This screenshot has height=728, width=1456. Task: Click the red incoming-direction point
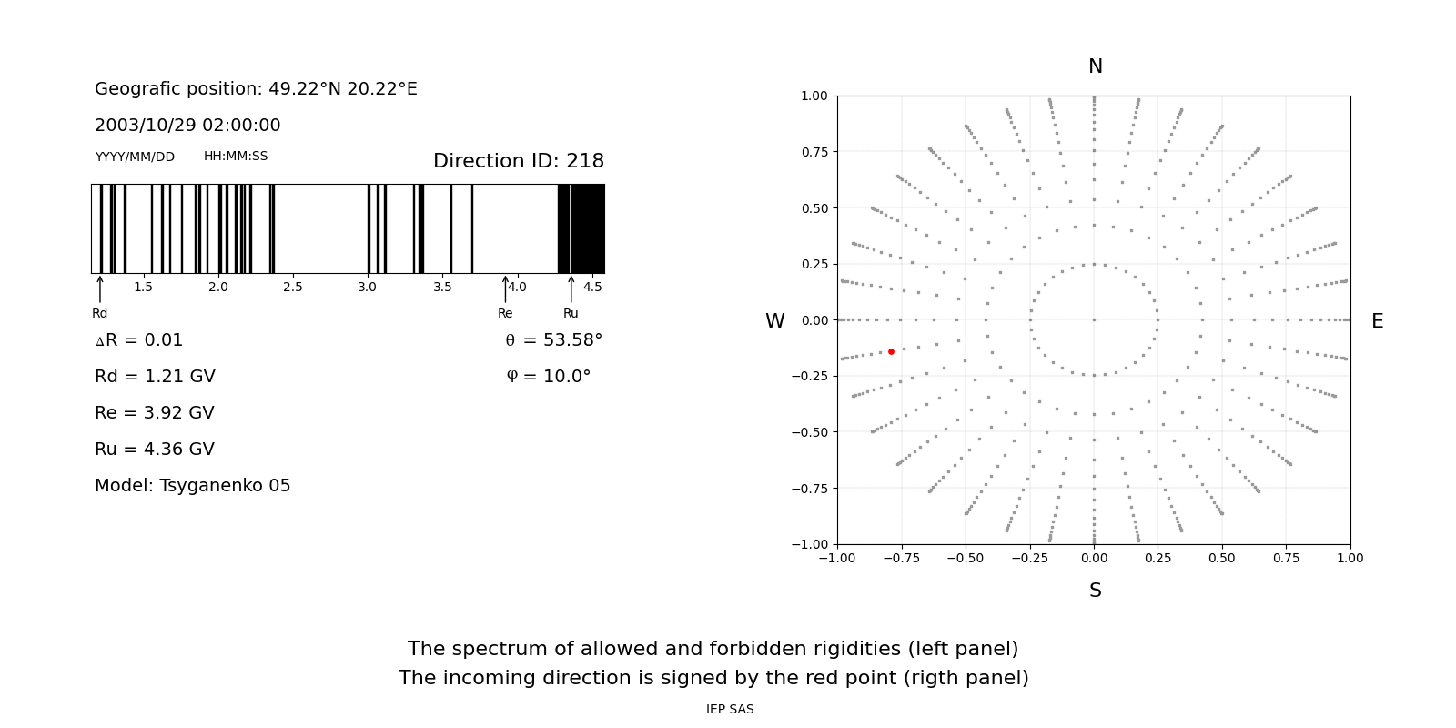coord(891,351)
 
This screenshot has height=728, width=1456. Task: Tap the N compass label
coord(1095,66)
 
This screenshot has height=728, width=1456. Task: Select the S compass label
coord(1095,591)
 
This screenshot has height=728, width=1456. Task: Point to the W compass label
coord(774,321)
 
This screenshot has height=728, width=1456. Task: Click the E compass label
coord(1377,321)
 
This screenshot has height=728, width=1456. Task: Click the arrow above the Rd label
coord(100,288)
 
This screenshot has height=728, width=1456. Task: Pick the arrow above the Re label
coord(505,288)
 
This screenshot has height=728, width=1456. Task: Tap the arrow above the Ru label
coord(571,288)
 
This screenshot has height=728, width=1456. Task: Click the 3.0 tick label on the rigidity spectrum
coord(367,288)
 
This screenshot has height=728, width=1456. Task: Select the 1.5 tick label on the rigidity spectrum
coord(143,288)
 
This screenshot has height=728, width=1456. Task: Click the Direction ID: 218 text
coord(518,161)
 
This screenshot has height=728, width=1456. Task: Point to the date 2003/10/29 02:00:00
coord(187,126)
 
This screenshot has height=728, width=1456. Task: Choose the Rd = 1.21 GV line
coord(155,377)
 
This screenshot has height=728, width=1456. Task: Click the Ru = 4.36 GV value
coord(155,450)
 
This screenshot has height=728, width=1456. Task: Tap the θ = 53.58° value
coord(553,340)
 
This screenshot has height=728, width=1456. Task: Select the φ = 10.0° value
coord(548,377)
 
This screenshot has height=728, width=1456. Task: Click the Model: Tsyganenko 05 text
coord(193,486)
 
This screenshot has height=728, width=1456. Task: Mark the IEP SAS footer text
coord(730,710)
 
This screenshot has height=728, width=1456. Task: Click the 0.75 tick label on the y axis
coord(814,152)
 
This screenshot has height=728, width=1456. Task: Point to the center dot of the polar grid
coord(1094,319)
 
